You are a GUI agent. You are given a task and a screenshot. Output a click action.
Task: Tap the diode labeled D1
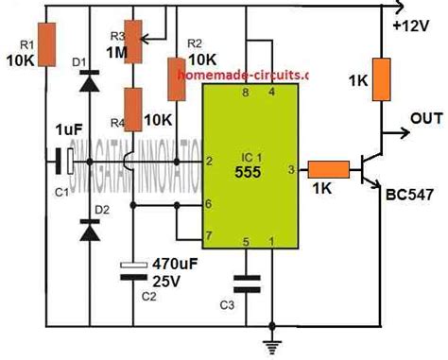coord(91,82)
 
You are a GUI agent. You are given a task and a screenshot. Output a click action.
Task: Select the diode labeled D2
coord(91,229)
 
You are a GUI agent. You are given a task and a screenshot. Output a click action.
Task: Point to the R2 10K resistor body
coord(175,78)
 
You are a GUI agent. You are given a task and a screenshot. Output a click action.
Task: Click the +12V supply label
coord(412,25)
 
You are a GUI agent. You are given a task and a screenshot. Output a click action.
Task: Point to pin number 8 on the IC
coord(247,92)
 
